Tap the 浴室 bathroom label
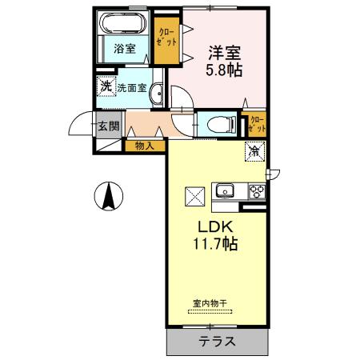point(124,48)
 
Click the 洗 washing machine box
point(106,85)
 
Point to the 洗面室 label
point(132,88)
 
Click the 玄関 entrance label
point(109,126)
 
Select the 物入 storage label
point(145,146)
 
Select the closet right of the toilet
point(258,124)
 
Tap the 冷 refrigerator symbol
point(254,150)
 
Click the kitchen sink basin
point(225,191)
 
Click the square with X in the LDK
point(194,194)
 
